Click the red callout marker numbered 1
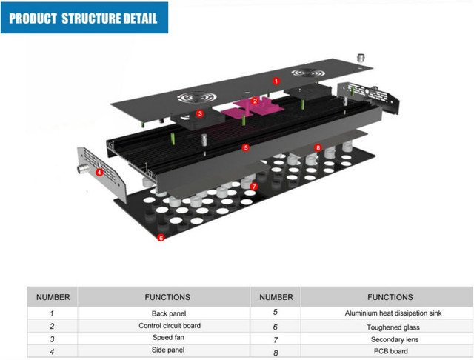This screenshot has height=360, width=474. click(x=276, y=79)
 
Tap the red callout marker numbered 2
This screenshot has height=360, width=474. click(x=255, y=101)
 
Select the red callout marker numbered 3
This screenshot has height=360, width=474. click(x=200, y=113)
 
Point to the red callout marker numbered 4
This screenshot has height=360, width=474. click(x=99, y=171)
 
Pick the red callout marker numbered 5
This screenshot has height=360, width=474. click(x=245, y=147)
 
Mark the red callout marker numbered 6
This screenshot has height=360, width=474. click(x=161, y=238)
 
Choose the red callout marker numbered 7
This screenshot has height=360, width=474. click(x=253, y=187)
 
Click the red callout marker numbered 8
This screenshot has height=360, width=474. click(x=318, y=147)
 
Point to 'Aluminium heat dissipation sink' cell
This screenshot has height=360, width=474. click(x=393, y=313)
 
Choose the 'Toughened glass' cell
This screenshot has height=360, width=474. click(x=393, y=327)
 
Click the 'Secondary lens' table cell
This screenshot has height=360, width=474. click(x=393, y=339)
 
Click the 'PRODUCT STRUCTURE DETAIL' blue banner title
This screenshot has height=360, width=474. click(x=84, y=19)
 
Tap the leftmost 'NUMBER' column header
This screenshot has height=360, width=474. click(x=53, y=297)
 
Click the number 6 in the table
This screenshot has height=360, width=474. click(x=276, y=327)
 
